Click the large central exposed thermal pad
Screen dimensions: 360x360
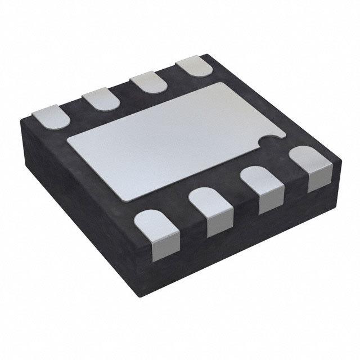point(169,141)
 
